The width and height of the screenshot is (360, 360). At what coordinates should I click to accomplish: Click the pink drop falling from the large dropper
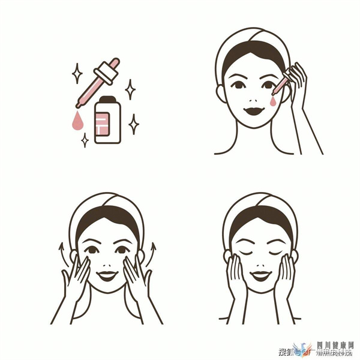point(77,121)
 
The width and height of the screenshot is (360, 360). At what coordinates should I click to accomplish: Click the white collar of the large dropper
point(104,75)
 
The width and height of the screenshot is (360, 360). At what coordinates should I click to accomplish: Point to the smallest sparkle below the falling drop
point(85,140)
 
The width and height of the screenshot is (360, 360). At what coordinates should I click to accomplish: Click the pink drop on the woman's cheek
point(274,103)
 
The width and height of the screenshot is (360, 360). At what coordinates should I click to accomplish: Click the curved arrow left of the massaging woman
point(60,252)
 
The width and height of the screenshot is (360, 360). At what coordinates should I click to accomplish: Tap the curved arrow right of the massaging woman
point(152,251)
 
